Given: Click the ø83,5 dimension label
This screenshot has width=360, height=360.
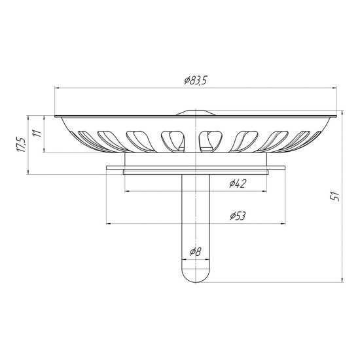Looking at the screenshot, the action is (x=196, y=81).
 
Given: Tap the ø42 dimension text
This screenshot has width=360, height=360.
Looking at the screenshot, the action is (x=238, y=183).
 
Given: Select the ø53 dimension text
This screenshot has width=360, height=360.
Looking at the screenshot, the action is (x=238, y=216).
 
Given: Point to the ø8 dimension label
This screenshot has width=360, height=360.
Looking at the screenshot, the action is (x=196, y=252).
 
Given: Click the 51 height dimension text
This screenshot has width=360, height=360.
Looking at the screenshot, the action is (x=335, y=196).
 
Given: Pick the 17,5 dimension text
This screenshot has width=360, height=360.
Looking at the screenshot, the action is (x=22, y=145).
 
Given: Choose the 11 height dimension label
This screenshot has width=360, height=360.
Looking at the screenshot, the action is (x=37, y=133).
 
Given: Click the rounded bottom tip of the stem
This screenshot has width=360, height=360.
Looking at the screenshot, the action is (x=196, y=282).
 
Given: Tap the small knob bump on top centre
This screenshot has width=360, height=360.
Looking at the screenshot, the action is (x=196, y=113).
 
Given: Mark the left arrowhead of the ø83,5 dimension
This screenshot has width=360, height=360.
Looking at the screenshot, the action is (x=57, y=88).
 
